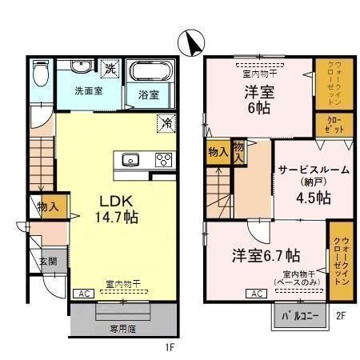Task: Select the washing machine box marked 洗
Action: [x=111, y=69]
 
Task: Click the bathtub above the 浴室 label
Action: [x=151, y=74]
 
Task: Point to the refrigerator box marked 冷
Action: [x=166, y=123]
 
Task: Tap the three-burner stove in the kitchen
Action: [x=162, y=158]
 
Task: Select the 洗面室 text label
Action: [x=88, y=90]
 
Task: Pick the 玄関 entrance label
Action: [x=47, y=262]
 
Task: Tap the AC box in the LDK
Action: [x=82, y=294]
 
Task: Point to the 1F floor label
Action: [x=170, y=346]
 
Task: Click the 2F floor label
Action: [x=339, y=315]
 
